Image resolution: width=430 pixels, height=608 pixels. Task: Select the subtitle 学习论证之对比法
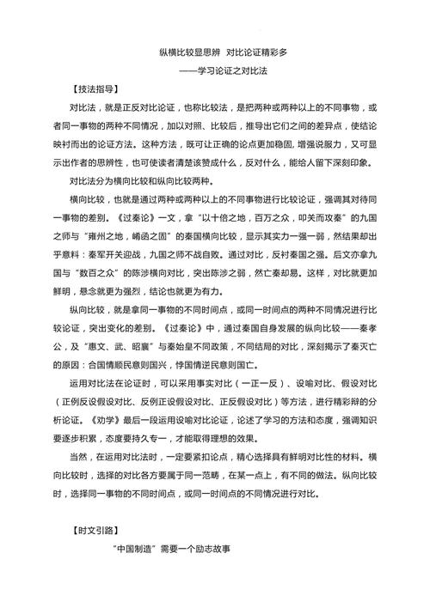[246, 70]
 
